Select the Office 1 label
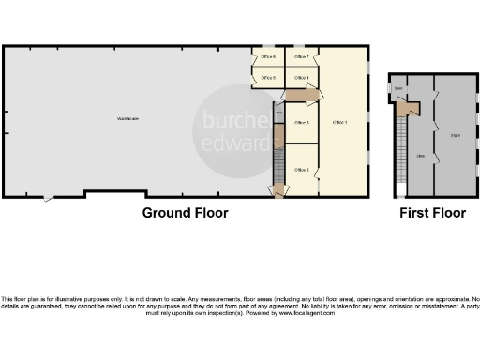pos(339,122)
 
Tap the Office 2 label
pos(302,169)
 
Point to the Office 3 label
pos(302,122)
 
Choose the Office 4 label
pos(302,78)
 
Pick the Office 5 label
pos(267,78)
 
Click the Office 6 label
pos(267,58)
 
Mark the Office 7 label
pos(302,58)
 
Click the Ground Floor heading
pos(186,213)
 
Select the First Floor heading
pos(432,213)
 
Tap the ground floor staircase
pos(277,167)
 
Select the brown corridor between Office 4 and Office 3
pos(300,96)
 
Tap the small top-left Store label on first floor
pos(398,89)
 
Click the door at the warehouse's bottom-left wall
pos(49,198)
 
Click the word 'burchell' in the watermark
pos(230,119)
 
